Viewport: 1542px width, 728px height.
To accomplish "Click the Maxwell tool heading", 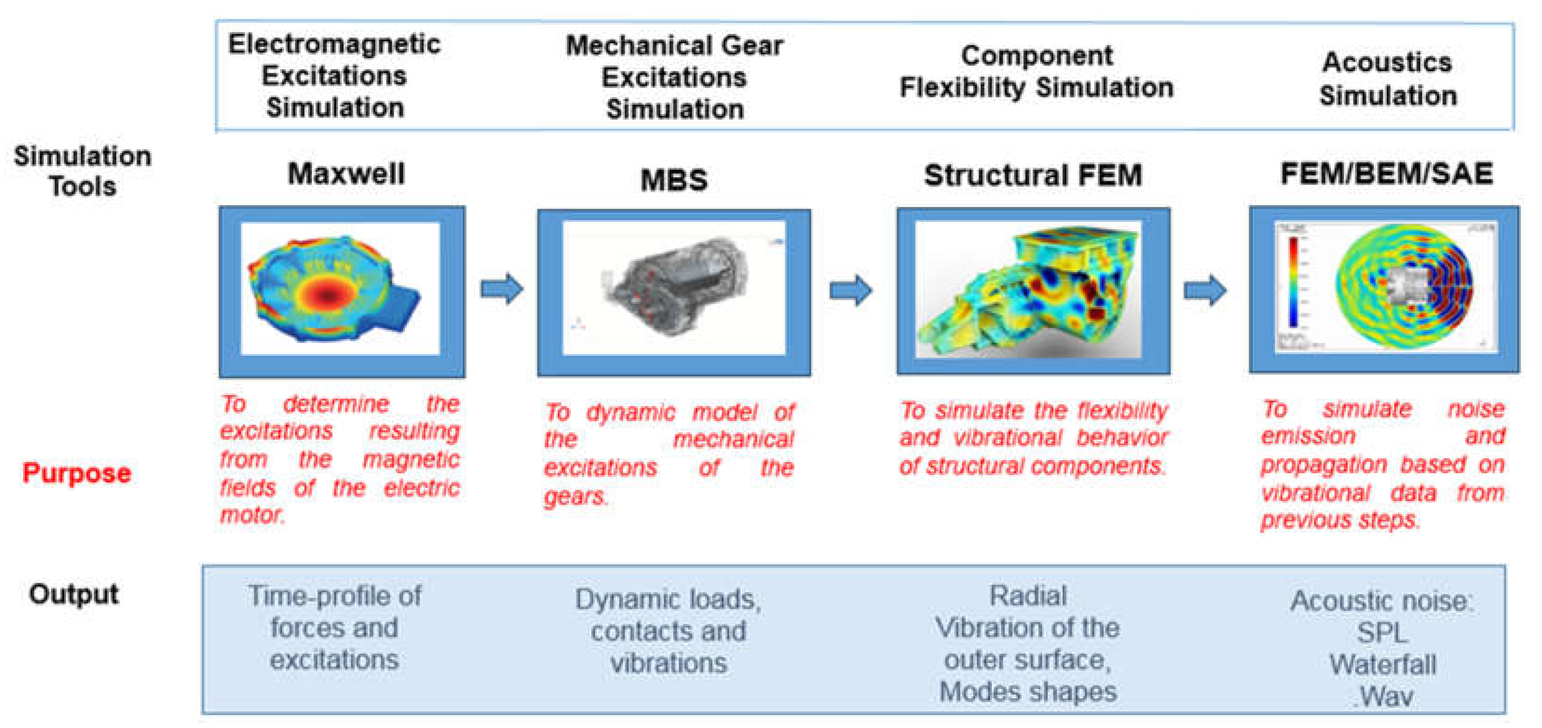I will [x=346, y=174].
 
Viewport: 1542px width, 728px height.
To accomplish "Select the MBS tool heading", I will [x=673, y=180].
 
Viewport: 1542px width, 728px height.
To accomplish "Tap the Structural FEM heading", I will [x=1033, y=176].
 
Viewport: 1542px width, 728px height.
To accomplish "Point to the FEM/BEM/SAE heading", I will [x=1386, y=174].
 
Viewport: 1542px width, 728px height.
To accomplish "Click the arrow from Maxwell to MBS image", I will [x=502, y=289].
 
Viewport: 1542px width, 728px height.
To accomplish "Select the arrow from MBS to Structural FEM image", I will [x=850, y=290].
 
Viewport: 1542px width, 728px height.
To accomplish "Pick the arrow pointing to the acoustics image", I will [x=1205, y=290].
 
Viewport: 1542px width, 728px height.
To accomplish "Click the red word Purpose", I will [x=77, y=473].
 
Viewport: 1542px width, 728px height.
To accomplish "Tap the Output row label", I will [x=74, y=594].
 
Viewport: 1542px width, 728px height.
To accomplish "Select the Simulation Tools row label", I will [x=82, y=171].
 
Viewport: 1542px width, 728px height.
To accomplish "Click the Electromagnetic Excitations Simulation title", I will [x=334, y=75].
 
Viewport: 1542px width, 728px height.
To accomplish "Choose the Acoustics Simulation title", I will [x=1387, y=78].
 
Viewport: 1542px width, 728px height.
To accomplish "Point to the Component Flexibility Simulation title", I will [x=1036, y=72].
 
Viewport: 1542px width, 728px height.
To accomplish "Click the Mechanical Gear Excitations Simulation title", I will [x=675, y=77].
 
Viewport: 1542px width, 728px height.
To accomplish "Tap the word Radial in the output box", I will [x=1028, y=596].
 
